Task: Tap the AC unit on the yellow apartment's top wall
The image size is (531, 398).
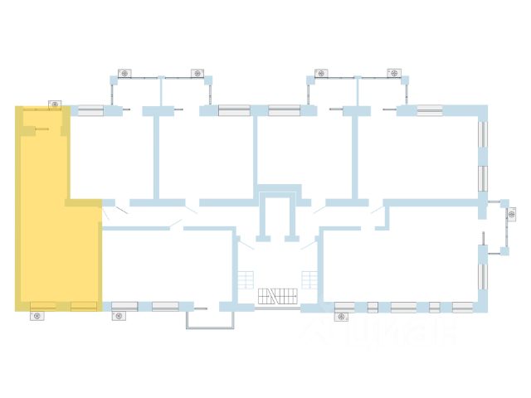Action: click(55, 104)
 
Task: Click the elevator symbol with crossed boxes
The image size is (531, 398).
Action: click(277, 296)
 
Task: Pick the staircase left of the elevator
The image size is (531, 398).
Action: click(245, 280)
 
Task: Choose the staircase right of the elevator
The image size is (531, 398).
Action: click(309, 280)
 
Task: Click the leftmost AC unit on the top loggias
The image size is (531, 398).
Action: click(124, 74)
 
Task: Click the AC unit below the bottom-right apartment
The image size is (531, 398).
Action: click(342, 316)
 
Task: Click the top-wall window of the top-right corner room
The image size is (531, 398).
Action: click(429, 109)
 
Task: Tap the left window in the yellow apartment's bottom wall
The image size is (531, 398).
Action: click(42, 306)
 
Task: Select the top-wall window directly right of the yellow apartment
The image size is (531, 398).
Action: click(90, 109)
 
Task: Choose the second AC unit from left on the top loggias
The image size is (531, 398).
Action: click(197, 74)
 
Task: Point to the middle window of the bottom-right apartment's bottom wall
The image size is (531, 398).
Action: click(403, 307)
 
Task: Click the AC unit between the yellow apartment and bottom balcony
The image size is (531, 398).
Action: click(118, 316)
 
